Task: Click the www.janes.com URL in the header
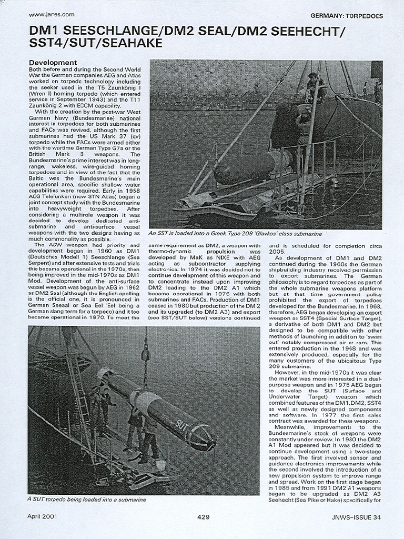click(51, 15)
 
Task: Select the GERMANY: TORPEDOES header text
click(347, 16)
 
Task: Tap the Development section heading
click(53, 63)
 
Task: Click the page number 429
click(204, 517)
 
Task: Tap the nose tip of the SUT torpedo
click(213, 445)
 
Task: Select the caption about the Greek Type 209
click(235, 233)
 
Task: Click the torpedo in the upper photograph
click(247, 166)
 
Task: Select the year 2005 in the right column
click(277, 252)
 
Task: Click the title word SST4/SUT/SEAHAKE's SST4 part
click(44, 44)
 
